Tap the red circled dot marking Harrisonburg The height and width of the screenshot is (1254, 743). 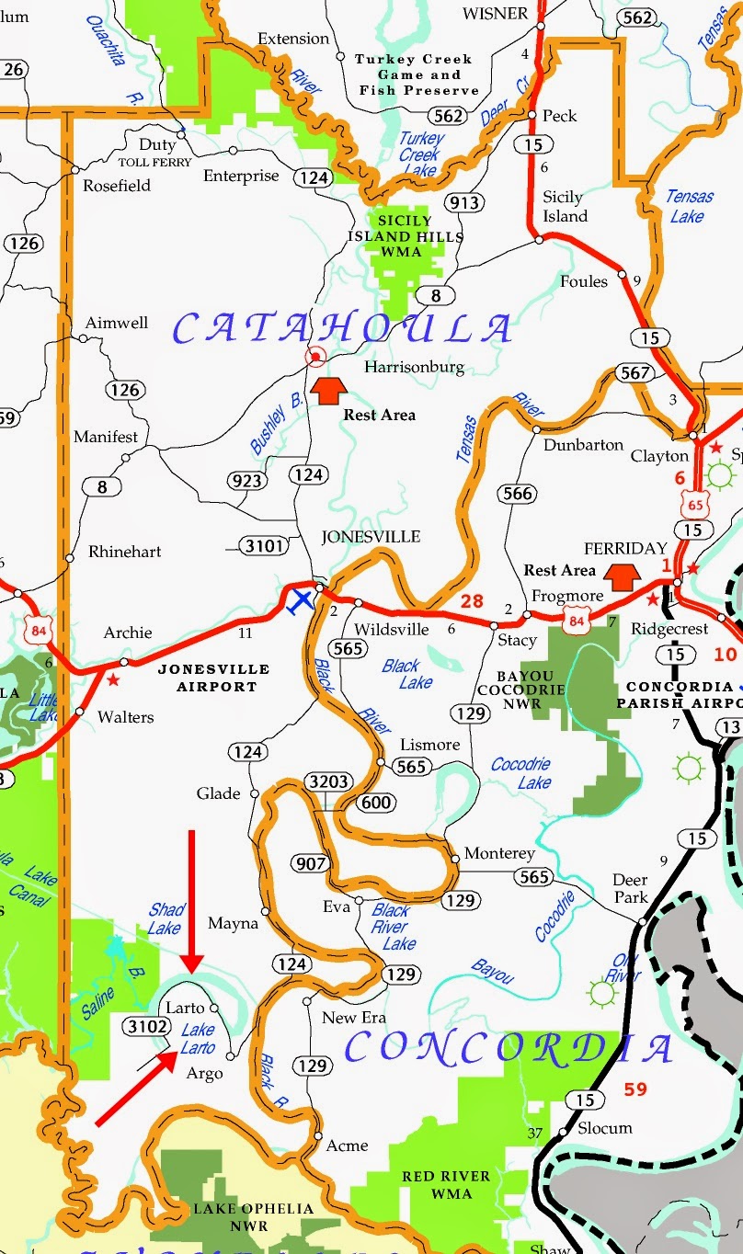pyautogui.click(x=316, y=357)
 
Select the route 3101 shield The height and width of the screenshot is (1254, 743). pyautogui.click(x=263, y=546)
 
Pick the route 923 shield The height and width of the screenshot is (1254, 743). pyautogui.click(x=247, y=480)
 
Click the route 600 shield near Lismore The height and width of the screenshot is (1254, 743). pyautogui.click(x=376, y=803)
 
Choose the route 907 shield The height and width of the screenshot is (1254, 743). pyautogui.click(x=311, y=863)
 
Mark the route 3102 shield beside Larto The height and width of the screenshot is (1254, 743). pyautogui.click(x=146, y=1026)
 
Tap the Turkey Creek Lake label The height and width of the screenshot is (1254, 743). pyautogui.click(x=419, y=154)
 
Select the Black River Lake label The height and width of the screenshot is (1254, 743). pyautogui.click(x=393, y=927)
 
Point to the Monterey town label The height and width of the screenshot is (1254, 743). pyautogui.click(x=499, y=854)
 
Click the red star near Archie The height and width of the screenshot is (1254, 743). pyautogui.click(x=113, y=680)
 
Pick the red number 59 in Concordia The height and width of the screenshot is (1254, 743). pyautogui.click(x=635, y=1089)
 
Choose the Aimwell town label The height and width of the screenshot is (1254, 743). pyautogui.click(x=117, y=323)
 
